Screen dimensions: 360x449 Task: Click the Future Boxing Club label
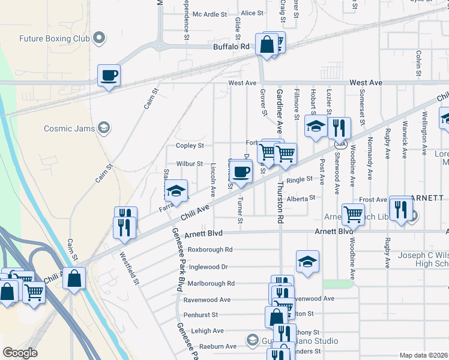coord(54,39)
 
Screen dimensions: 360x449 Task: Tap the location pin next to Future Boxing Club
coord(99,39)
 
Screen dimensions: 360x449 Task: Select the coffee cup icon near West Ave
coord(109,76)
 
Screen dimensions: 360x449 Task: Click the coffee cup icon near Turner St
coord(241,172)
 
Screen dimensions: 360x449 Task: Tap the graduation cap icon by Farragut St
coord(176,191)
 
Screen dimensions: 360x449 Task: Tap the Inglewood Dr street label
coord(208,266)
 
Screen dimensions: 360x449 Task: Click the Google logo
coord(20,353)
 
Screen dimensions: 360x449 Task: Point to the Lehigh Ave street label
coord(207,331)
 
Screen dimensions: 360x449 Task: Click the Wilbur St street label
coord(190,163)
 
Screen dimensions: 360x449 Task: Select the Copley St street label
coord(190,146)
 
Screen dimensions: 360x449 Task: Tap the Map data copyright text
coord(424,355)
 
